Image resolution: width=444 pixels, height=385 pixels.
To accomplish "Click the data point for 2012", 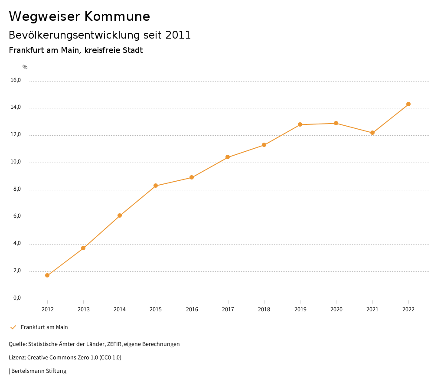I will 47,275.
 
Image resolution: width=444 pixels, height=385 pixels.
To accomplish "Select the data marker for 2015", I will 156,186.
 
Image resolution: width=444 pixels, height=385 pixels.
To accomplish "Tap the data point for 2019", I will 300,124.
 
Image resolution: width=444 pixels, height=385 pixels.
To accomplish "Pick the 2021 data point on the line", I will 372,133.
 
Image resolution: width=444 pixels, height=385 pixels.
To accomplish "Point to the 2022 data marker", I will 408,104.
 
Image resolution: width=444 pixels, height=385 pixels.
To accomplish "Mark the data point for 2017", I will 228,157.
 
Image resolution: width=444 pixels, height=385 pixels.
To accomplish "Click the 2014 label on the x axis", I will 120,309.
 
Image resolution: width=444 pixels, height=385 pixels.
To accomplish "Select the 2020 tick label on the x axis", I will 336,309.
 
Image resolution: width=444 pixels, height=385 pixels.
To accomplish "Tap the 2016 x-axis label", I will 192,309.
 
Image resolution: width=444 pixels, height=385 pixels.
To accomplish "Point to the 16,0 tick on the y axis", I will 16,80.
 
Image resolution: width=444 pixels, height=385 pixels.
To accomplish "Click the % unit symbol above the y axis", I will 25,67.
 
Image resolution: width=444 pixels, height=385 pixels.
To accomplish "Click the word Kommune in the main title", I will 117,16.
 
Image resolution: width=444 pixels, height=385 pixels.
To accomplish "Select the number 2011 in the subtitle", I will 178,35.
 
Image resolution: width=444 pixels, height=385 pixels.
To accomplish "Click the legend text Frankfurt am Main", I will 44,327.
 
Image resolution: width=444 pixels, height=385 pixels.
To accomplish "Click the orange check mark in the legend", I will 13,327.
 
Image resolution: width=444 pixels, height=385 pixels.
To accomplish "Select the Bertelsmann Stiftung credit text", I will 39,371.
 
